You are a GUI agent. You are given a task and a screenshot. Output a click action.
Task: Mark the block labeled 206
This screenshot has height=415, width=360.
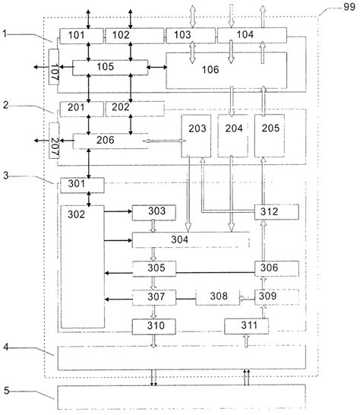(x=106, y=141)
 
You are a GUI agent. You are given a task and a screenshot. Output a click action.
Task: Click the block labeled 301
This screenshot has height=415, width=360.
(x=74, y=183)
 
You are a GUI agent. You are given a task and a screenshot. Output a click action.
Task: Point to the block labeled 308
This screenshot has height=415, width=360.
(x=216, y=296)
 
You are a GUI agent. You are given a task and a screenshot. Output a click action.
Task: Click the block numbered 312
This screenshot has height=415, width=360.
(x=270, y=212)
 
